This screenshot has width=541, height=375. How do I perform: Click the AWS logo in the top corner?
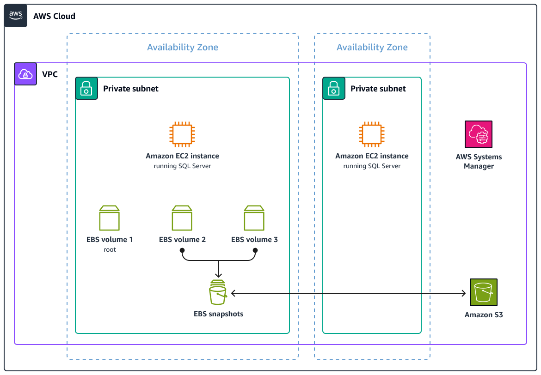click(x=16, y=16)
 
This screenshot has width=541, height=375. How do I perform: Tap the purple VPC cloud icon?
click(x=25, y=74)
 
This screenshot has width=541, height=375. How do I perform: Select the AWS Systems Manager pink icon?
click(x=479, y=134)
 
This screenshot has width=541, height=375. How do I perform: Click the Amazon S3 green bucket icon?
click(x=483, y=292)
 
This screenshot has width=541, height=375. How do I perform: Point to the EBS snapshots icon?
click(x=218, y=292)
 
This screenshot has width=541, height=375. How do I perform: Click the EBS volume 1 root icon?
click(x=110, y=218)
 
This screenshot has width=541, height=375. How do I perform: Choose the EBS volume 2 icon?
click(x=182, y=218)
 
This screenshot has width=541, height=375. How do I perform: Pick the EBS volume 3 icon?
click(x=254, y=218)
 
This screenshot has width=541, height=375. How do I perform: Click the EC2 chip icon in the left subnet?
click(x=182, y=134)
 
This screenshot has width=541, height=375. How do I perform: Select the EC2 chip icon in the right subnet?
click(x=372, y=134)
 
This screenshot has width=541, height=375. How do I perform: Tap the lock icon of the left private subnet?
click(x=86, y=88)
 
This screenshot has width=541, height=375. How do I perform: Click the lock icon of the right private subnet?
click(x=334, y=88)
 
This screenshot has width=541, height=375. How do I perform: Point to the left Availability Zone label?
click(x=182, y=47)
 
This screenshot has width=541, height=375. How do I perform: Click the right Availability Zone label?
click(x=372, y=47)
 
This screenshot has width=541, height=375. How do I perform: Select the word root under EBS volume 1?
click(x=110, y=250)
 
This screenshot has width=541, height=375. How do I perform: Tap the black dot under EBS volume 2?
click(x=182, y=250)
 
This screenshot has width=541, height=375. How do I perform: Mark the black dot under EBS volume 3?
click(x=255, y=250)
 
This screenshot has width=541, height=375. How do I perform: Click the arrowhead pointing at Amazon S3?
click(x=464, y=293)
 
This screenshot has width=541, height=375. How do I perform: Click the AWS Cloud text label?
click(x=54, y=16)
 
